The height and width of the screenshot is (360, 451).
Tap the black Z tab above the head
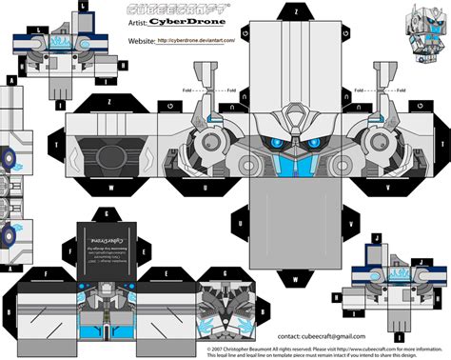pos(110,102)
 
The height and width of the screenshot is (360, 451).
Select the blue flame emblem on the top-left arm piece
pos(58,43)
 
